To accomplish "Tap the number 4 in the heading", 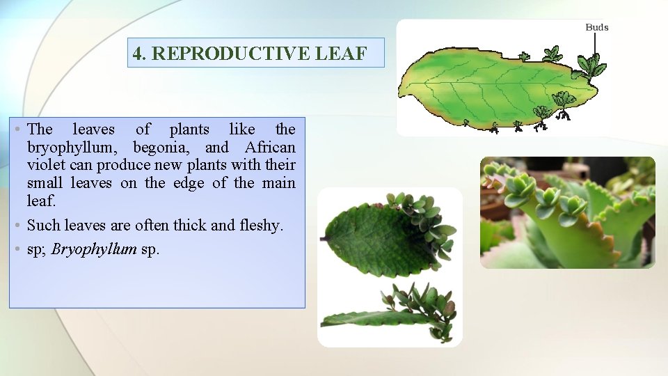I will click(138, 54).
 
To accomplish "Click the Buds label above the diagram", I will click(596, 27).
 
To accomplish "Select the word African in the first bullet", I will click(270, 148).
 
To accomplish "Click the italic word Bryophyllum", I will click(94, 249).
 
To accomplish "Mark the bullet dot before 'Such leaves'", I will click(17, 226).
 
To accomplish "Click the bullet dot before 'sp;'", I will click(17, 249).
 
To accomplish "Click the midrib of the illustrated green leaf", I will click(487, 84).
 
